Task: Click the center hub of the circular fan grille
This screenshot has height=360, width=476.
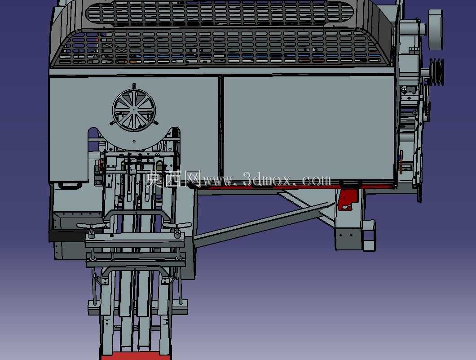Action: [x=134, y=110]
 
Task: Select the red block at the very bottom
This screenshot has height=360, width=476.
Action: [x=136, y=356]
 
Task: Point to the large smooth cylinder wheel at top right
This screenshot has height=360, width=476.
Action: [x=436, y=30]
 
